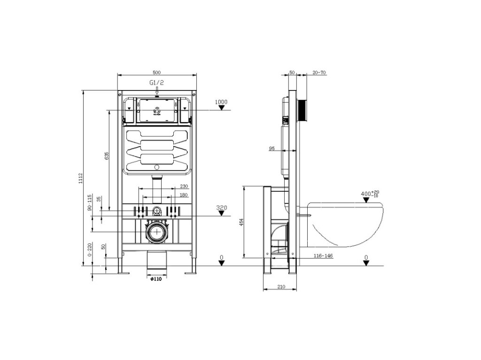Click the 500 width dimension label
[x=157, y=72]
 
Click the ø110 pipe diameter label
[x=156, y=279]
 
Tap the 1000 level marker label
[x=221, y=102]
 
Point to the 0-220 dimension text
[x=90, y=253]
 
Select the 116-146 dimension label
[x=323, y=256]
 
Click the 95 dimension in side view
[x=272, y=148]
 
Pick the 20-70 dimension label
[x=319, y=73]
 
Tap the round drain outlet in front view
[x=157, y=232]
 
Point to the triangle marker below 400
[x=366, y=200]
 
